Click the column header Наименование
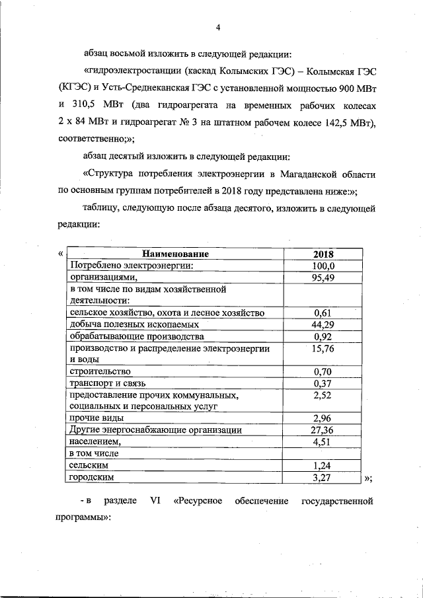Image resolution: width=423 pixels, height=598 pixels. (x=174, y=254)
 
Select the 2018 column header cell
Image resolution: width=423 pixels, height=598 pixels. (x=323, y=254)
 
